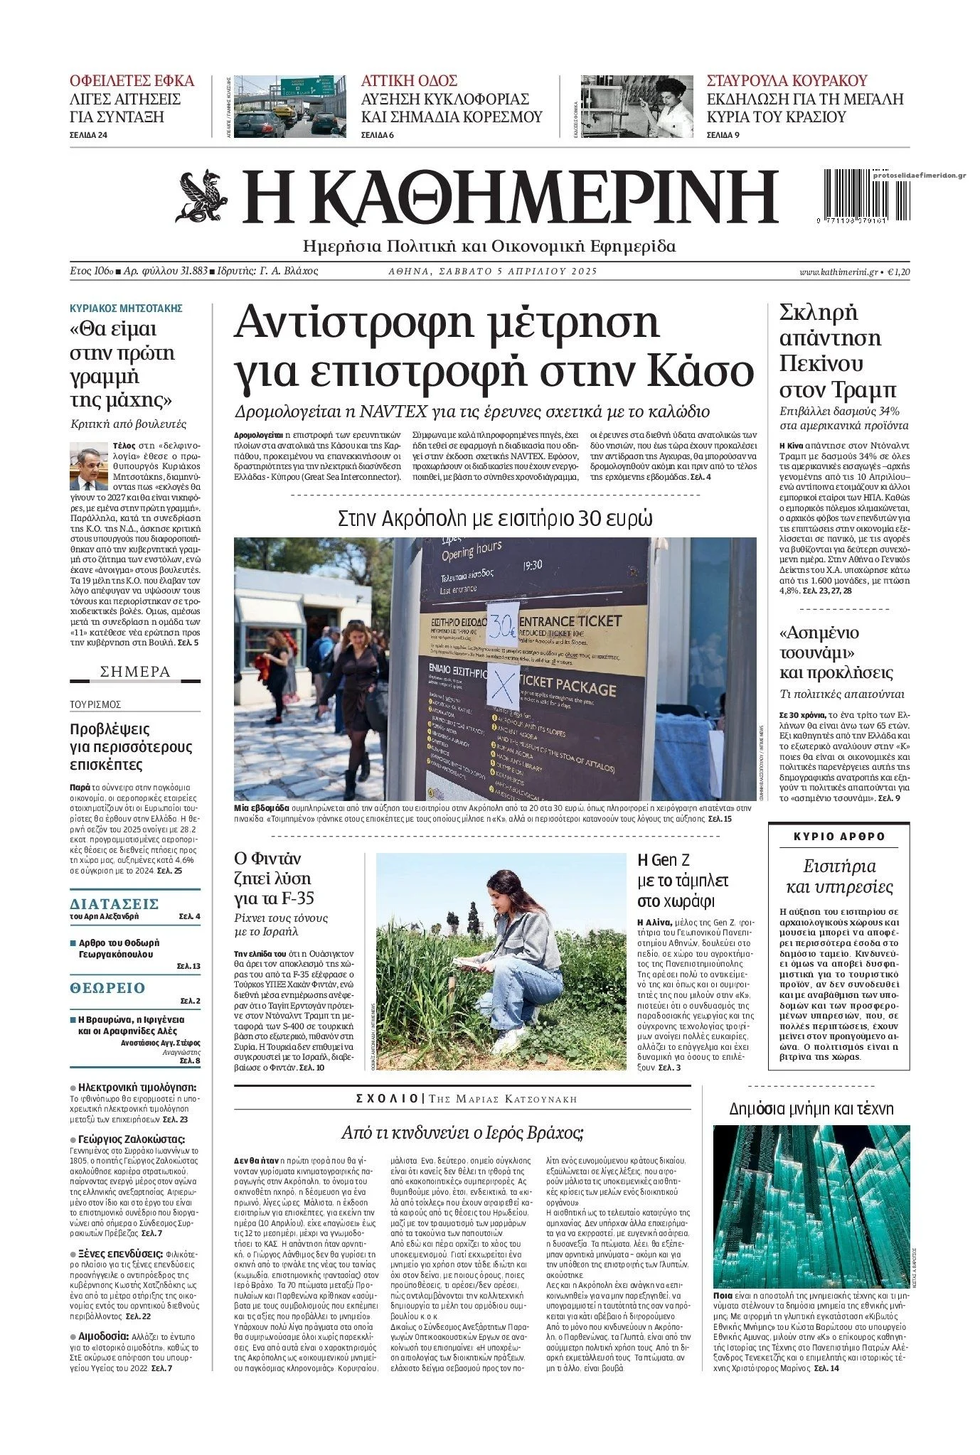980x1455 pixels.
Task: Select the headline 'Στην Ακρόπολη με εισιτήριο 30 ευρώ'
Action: tap(495, 518)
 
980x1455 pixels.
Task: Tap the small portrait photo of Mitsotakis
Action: tap(84, 466)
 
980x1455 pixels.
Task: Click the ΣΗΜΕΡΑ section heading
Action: tap(135, 672)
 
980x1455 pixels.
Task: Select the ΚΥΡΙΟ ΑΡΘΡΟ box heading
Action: tap(839, 836)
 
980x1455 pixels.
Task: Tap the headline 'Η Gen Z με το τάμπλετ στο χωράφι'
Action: tap(682, 881)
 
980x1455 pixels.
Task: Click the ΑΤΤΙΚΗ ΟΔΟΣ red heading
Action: tap(409, 80)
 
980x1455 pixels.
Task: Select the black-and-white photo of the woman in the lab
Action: tap(637, 107)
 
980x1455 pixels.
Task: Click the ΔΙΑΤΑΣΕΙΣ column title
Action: tap(114, 903)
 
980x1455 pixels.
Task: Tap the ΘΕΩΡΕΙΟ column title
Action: tap(107, 987)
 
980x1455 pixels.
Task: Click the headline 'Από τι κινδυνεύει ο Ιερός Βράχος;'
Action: tap(462, 1132)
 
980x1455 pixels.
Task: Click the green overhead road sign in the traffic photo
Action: tap(308, 87)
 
